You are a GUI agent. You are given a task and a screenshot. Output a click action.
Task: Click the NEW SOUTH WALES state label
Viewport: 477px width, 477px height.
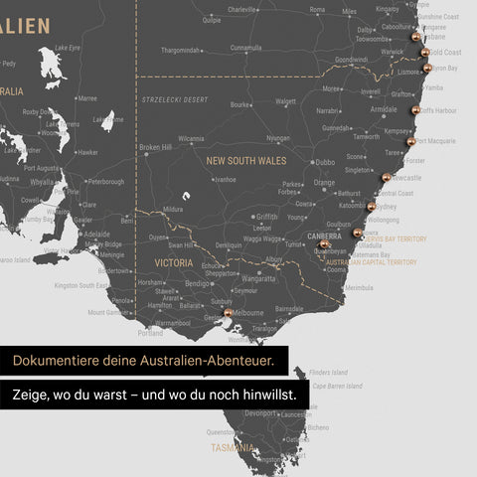[x=245, y=160]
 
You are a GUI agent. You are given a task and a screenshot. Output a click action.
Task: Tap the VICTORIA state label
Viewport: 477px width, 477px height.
[x=174, y=262]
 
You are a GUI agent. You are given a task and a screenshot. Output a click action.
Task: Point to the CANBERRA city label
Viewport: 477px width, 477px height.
[x=324, y=237]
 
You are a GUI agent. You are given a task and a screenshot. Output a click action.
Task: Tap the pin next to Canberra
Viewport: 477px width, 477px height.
[x=325, y=244]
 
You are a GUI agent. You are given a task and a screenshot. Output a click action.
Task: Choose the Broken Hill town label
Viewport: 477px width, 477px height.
[x=155, y=147]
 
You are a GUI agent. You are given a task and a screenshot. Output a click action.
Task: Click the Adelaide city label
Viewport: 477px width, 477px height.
[x=96, y=235]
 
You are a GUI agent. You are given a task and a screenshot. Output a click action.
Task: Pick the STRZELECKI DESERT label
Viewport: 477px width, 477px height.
[x=175, y=100]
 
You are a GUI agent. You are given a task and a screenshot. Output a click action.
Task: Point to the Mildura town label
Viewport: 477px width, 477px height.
[x=173, y=210]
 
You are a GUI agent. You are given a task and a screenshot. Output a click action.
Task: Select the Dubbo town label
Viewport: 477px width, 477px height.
[x=324, y=161]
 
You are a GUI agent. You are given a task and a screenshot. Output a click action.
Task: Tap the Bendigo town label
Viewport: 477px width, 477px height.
[x=198, y=283]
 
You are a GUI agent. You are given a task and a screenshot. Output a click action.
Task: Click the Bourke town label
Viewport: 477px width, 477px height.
[x=240, y=104]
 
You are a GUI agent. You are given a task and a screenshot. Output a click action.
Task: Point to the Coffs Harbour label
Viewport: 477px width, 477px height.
[x=437, y=110]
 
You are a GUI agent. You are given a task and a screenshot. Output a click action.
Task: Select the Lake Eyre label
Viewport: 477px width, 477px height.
[x=68, y=47]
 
